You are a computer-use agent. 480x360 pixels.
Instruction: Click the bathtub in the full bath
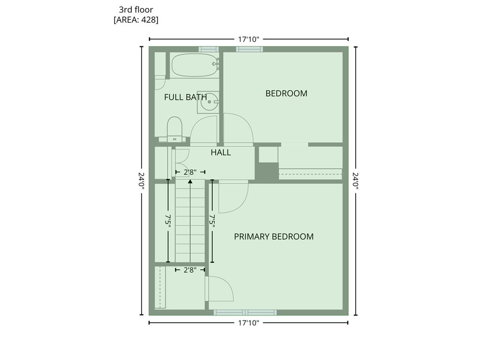point(194,65)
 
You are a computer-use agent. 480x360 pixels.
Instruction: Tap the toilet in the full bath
point(175,129)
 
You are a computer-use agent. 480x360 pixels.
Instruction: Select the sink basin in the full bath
point(210,102)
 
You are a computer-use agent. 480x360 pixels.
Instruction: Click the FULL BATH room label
point(186,97)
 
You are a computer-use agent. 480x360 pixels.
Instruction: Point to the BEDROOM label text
point(286,93)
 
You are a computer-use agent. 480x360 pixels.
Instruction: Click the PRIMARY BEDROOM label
point(274,236)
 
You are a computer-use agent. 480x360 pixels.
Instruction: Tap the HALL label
point(221,152)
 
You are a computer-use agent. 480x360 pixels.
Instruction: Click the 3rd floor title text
point(136,10)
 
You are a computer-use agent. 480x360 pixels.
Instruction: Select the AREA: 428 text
point(136,20)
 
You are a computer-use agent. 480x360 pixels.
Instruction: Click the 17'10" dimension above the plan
point(248,39)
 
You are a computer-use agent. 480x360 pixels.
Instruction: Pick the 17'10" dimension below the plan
point(248,322)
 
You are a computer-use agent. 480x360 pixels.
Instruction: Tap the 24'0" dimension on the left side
point(142,181)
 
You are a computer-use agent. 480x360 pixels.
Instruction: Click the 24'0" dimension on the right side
point(355,181)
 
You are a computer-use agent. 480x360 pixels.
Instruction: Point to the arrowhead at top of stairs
point(190,181)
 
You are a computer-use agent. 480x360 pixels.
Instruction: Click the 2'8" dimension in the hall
point(190,172)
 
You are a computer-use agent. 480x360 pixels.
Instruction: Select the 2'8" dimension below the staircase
point(190,270)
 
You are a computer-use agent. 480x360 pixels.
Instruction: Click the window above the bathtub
point(209,49)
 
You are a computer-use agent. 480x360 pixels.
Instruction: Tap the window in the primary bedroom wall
point(245,312)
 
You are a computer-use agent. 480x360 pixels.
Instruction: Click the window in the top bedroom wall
point(249,49)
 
